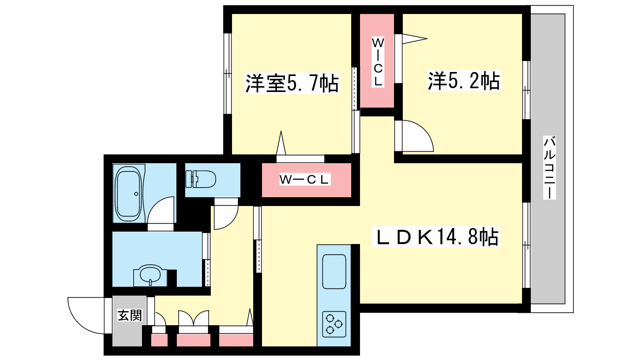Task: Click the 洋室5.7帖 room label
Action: click(292, 83)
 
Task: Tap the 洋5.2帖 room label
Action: click(464, 81)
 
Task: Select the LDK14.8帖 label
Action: click(436, 237)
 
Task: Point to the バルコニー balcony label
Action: click(550, 167)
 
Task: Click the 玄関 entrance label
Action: click(130, 315)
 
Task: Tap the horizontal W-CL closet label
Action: click(304, 180)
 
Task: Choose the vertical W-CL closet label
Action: click(377, 62)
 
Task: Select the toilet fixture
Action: click(201, 179)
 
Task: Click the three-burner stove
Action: click(334, 324)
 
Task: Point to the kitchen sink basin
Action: click(334, 272)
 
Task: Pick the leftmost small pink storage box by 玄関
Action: click(159, 340)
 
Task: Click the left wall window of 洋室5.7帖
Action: click(227, 74)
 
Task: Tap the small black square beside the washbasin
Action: click(172, 278)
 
